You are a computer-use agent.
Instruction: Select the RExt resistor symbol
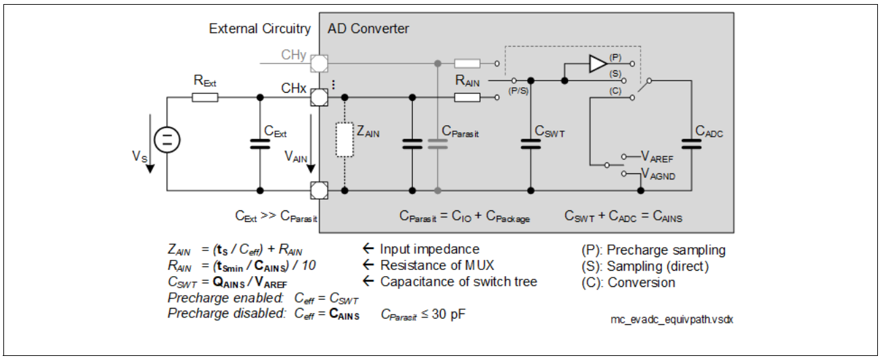tap(204, 97)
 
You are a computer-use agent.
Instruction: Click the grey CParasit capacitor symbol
tap(438, 143)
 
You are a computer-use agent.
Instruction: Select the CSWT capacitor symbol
tap(530, 143)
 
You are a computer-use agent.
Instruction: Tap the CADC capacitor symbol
tap(691, 143)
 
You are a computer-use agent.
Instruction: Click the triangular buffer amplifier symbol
tap(598, 64)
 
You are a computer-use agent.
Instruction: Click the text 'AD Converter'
tap(368, 29)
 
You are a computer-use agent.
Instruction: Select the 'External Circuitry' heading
tap(260, 29)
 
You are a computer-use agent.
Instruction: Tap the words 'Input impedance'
tap(431, 250)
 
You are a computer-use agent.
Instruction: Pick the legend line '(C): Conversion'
tap(628, 282)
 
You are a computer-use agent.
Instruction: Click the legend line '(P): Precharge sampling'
tap(653, 250)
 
